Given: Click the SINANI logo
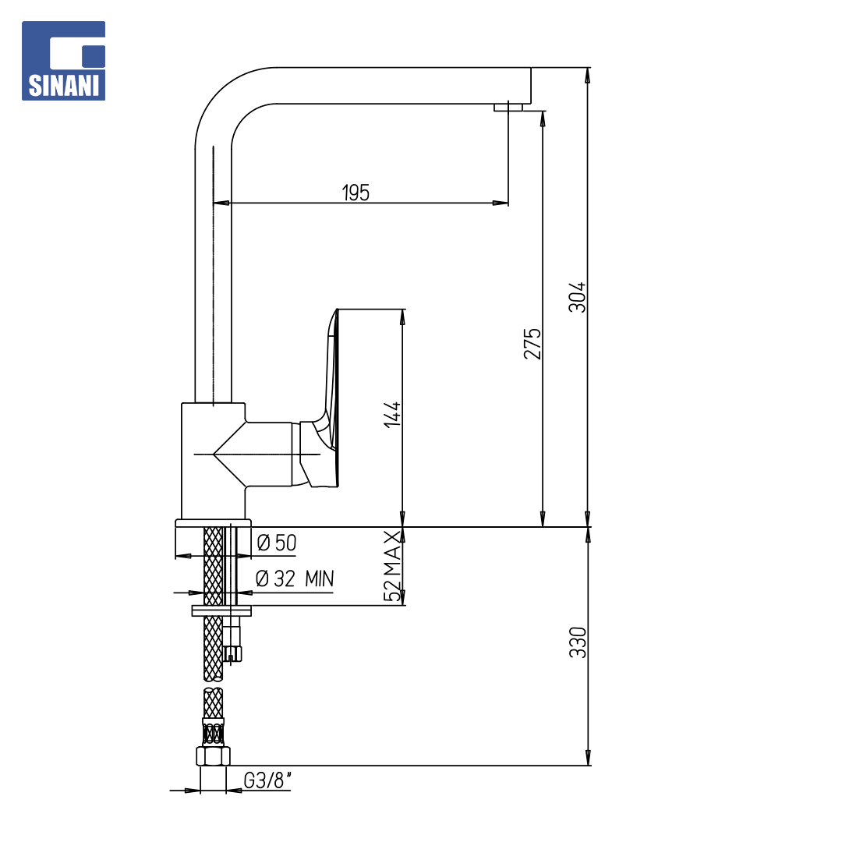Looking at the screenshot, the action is tap(63, 61).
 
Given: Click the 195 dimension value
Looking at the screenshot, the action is tap(356, 193).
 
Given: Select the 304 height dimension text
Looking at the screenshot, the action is tap(577, 297).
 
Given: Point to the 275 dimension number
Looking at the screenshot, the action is tap(532, 344).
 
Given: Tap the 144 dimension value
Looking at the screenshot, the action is tap(392, 414).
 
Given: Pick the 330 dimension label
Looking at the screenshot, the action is tap(578, 642).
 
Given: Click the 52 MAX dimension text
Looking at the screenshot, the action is tap(392, 566).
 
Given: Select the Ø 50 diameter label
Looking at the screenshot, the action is tap(277, 543).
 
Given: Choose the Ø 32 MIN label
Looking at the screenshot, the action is tap(295, 578).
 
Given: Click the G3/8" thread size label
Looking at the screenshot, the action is tap(267, 780).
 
